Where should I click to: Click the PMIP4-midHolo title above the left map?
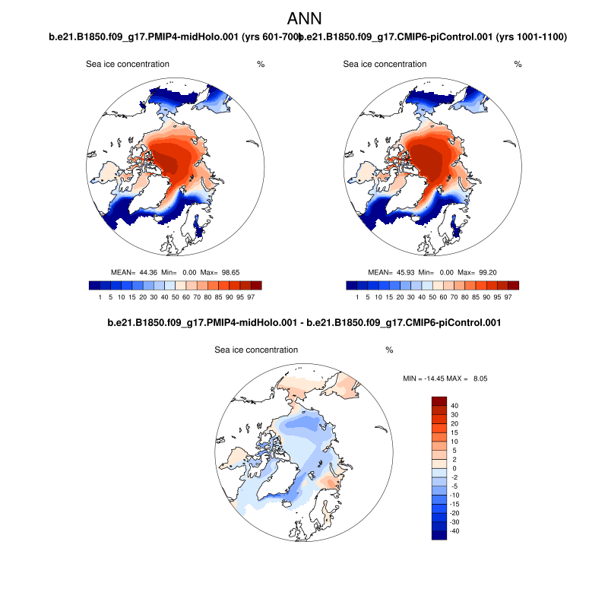tap(170, 37)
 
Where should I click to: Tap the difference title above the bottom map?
tap(304, 323)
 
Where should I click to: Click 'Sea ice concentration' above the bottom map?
tap(256, 350)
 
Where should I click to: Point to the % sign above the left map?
tap(261, 65)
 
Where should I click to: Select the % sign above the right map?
tap(518, 65)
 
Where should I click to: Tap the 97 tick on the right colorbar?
tap(508, 297)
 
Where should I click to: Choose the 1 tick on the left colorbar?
tap(100, 297)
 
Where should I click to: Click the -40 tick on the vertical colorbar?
tap(454, 530)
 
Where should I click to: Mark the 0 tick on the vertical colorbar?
tap(451, 469)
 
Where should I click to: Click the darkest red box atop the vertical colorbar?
tap(439, 401)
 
